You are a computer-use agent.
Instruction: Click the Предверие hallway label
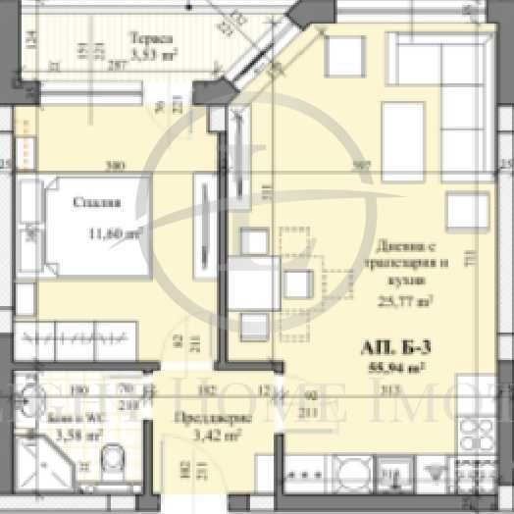click(218, 416)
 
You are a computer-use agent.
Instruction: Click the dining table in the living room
click(264, 283)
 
